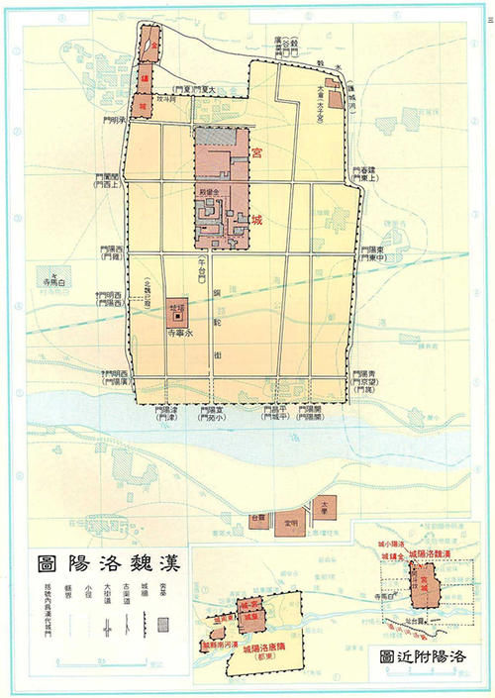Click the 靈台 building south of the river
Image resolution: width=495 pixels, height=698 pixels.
258,520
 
